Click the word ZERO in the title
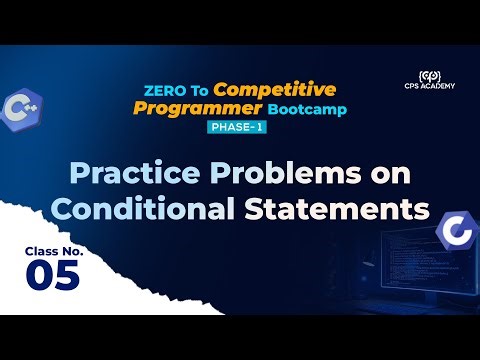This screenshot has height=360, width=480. (159, 90)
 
